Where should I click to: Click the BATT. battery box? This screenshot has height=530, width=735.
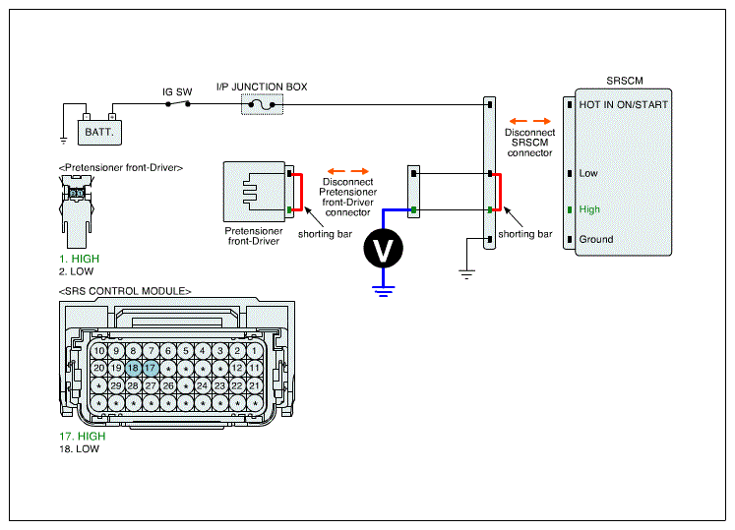[x=99, y=133]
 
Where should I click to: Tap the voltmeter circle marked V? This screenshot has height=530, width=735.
[x=383, y=249]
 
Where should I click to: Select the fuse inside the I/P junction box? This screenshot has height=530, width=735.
[x=262, y=105]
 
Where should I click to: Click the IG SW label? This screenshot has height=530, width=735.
[x=177, y=91]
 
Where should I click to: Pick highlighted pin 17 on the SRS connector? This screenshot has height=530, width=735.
[x=151, y=368]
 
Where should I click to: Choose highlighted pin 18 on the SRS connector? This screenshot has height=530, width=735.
[x=133, y=368]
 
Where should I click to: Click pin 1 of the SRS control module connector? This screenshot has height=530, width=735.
[x=255, y=350]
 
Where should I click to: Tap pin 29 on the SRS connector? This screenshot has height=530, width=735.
[x=116, y=385]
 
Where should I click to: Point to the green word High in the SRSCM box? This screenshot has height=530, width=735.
[x=589, y=209]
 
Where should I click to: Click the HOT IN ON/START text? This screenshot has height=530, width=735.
[x=624, y=104]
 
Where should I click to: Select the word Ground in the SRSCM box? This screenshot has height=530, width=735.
[x=596, y=239]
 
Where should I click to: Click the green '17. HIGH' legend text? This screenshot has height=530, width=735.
[x=83, y=437]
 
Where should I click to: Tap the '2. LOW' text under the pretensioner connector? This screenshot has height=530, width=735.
[x=77, y=271]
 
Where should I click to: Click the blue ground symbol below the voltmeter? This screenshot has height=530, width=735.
[x=384, y=291]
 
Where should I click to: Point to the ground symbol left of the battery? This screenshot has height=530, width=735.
[x=63, y=140]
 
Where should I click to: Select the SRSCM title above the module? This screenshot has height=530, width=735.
[x=625, y=81]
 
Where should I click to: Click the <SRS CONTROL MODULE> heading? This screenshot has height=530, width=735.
[x=125, y=291]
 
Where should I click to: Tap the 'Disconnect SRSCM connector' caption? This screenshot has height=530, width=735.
[x=529, y=143]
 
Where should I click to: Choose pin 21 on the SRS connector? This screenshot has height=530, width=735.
[x=255, y=385]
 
